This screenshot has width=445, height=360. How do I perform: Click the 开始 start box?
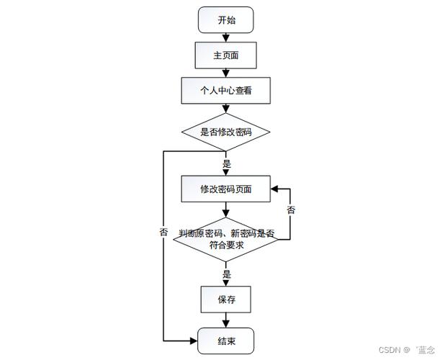[226, 20]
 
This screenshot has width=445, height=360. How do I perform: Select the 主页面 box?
[226, 55]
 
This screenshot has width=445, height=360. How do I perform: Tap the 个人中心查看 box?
[226, 91]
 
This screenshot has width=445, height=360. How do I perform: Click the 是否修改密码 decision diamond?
[226, 132]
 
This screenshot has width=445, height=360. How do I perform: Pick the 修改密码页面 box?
[226, 189]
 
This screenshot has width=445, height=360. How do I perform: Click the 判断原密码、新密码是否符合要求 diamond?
[226, 239]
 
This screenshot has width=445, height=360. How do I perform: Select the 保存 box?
[226, 300]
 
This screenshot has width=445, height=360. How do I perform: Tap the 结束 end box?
[226, 339]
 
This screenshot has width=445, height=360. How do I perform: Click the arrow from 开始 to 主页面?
[226, 37]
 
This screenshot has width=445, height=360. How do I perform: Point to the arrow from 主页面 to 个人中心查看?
[226, 73]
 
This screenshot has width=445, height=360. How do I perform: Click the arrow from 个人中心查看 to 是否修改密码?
[226, 109]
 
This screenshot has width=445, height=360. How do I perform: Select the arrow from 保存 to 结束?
[226, 320]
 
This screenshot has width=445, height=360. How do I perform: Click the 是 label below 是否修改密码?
[227, 164]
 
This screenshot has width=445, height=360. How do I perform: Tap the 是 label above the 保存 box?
[227, 274]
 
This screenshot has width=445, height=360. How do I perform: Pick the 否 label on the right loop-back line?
[291, 210]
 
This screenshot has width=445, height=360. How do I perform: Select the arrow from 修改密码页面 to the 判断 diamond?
[226, 210]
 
